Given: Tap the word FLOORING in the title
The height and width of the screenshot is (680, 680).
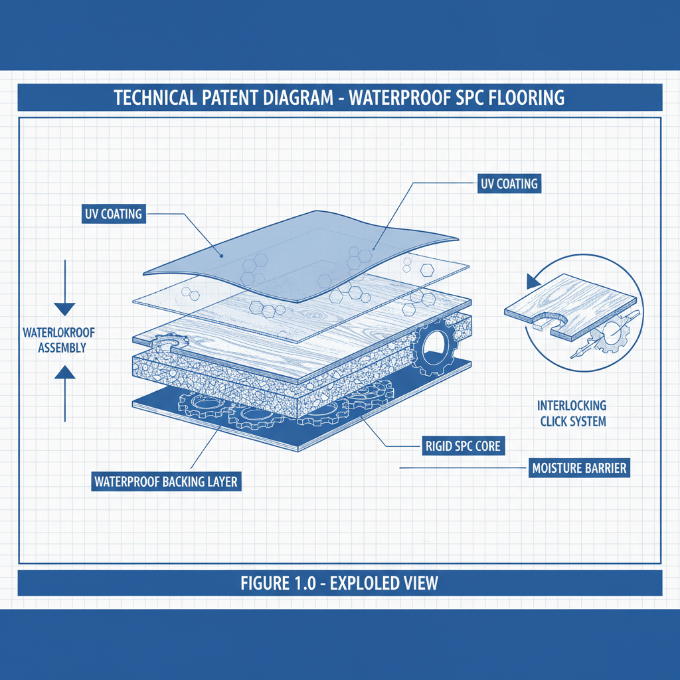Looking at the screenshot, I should coord(526,98).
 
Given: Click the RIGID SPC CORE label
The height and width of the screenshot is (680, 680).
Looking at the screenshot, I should coord(463,446).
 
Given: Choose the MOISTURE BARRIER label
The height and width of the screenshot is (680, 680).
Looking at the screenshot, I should coord(579,468).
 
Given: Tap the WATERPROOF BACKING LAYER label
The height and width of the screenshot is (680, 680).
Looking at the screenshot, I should coord(165,481).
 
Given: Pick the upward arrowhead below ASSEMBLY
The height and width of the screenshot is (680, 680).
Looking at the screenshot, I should coord(65,373).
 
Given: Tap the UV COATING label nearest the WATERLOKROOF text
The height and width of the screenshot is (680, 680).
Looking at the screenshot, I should coord(114,214).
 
